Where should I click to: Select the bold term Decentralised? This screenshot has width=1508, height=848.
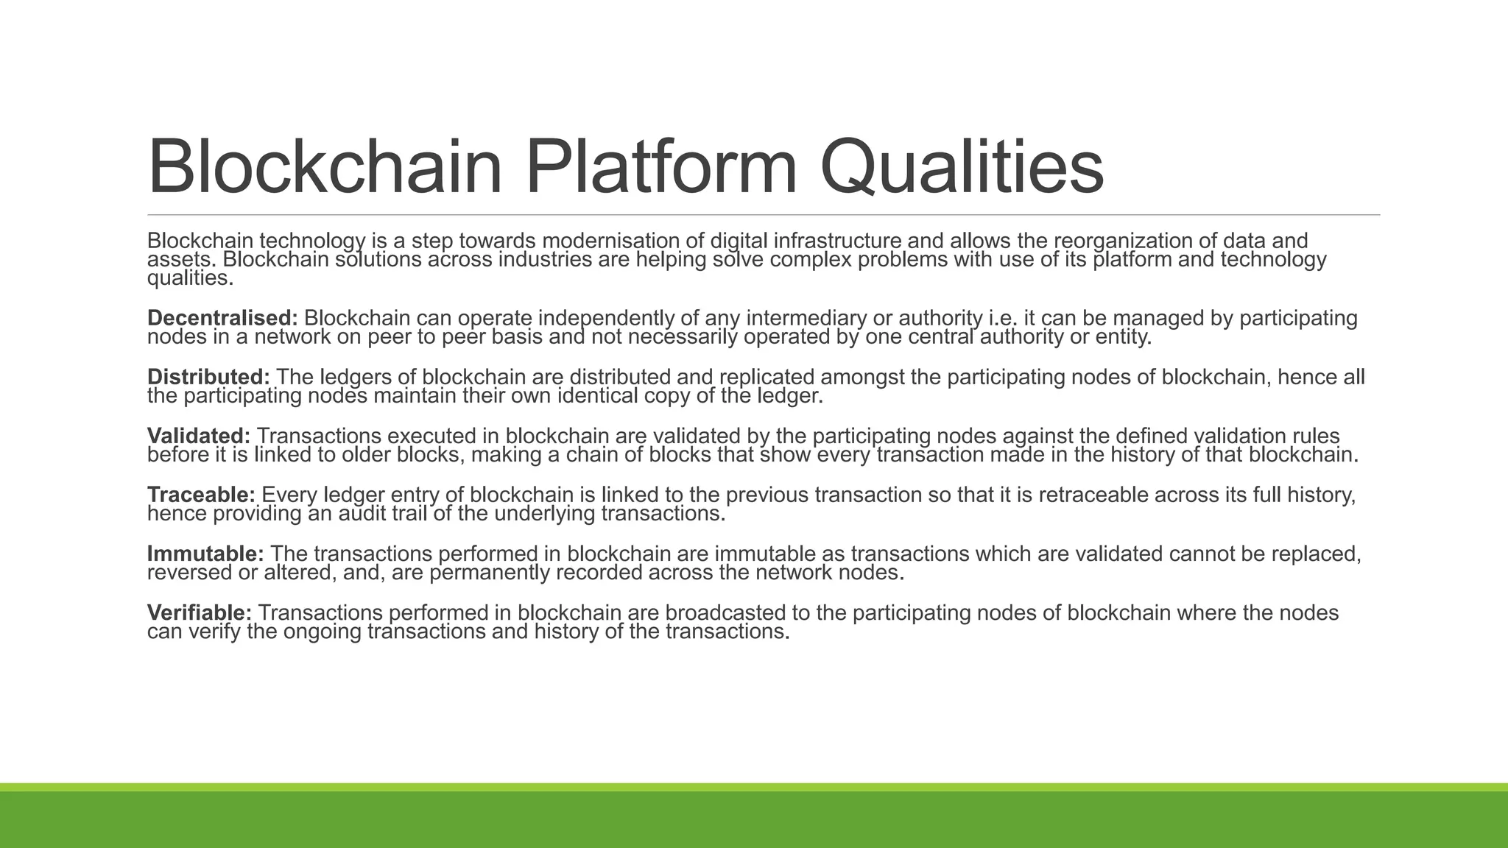point(222,318)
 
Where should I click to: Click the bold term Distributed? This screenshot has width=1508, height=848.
point(208,377)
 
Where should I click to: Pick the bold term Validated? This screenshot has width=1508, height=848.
point(199,436)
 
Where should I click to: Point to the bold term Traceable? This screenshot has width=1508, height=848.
point(201,495)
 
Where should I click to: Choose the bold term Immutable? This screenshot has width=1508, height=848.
point(205,554)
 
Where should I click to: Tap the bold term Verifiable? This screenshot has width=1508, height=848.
point(200,612)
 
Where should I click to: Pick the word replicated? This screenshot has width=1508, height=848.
point(767,377)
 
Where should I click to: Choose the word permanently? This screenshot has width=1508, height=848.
point(489,573)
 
